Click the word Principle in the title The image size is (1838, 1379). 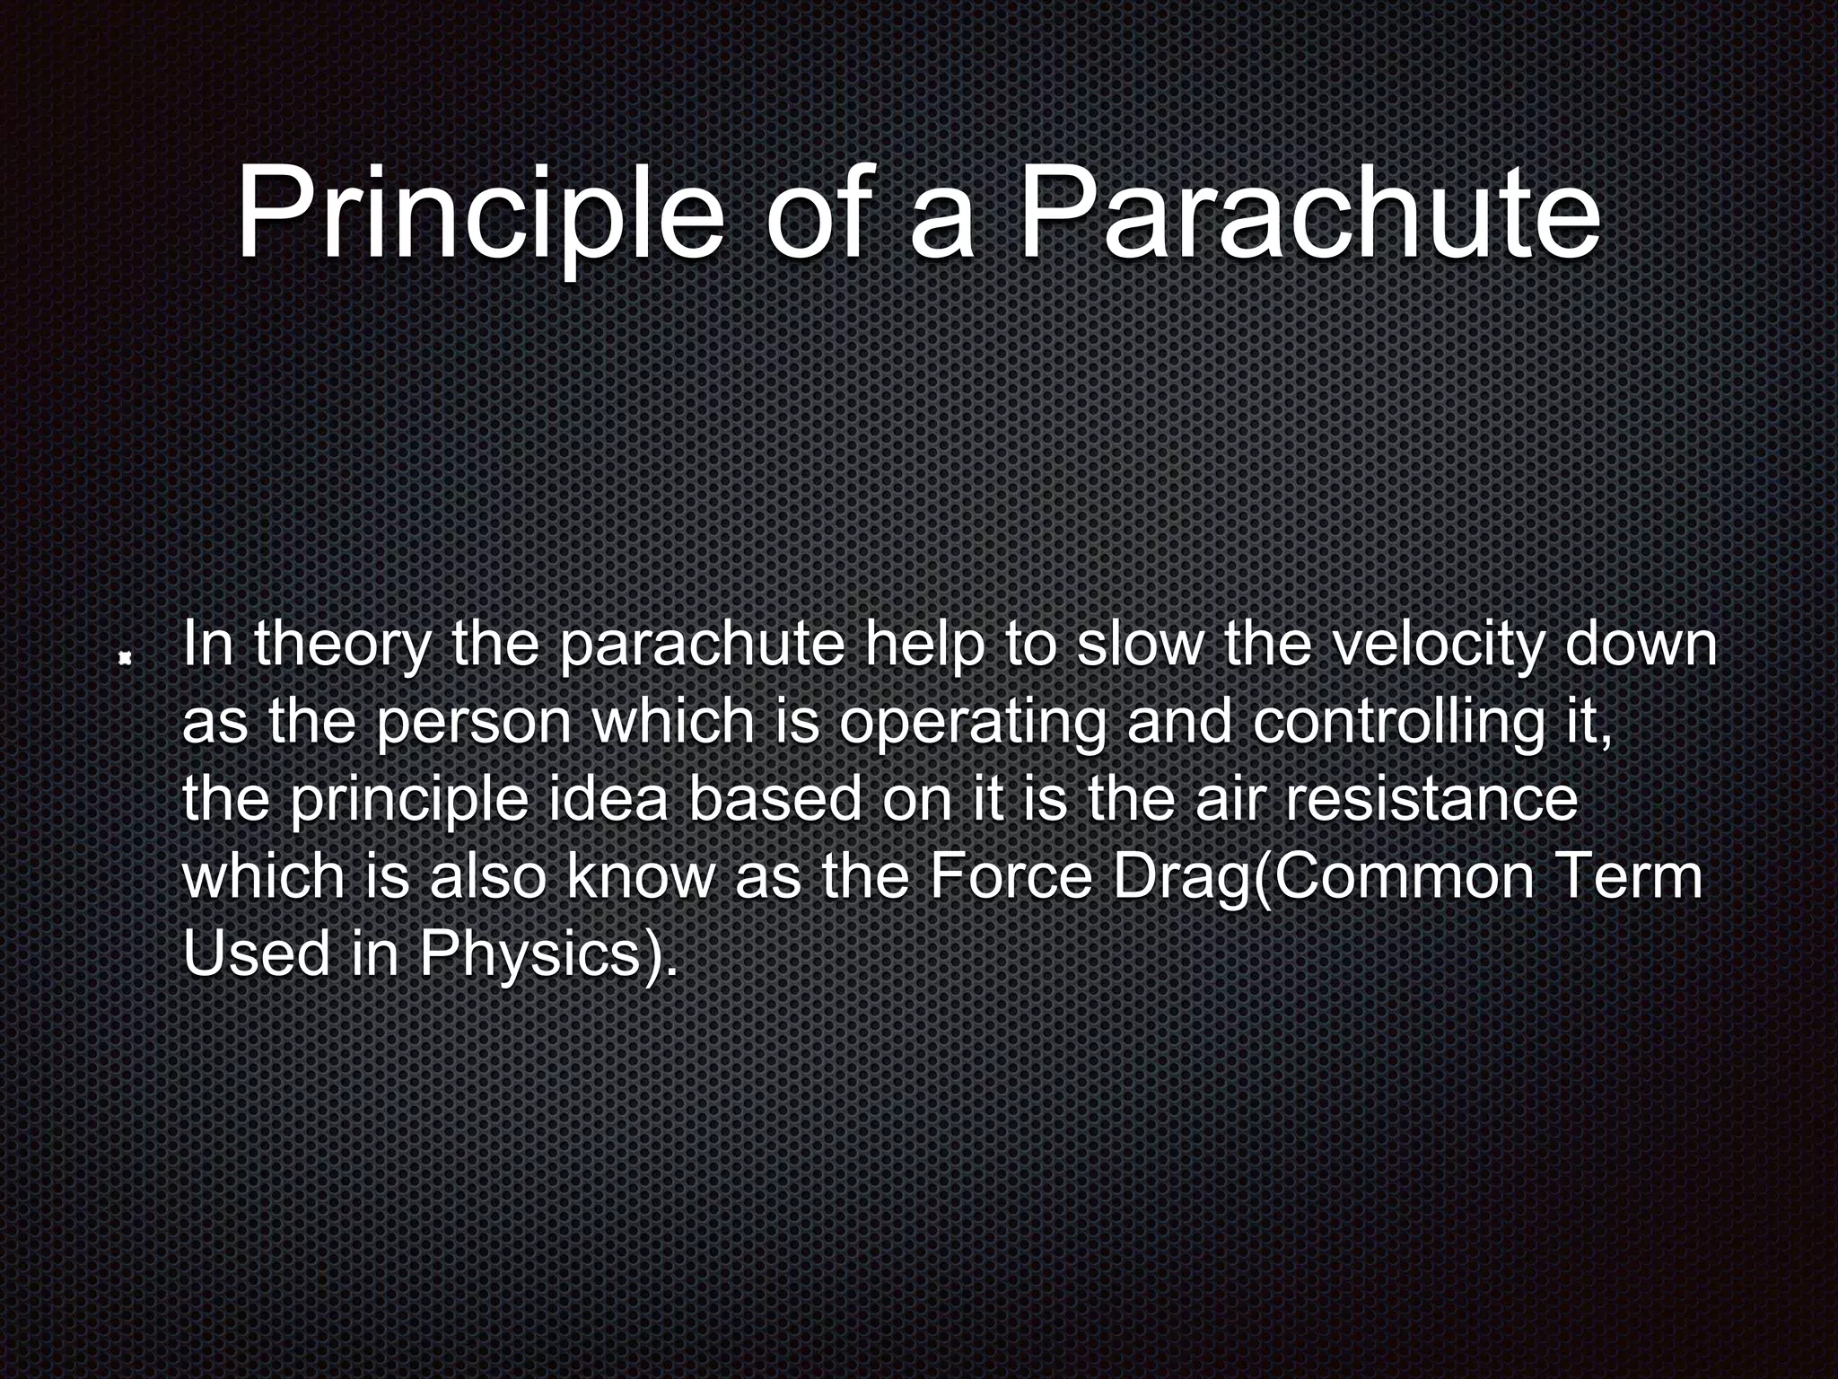[x=478, y=215]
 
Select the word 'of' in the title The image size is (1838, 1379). [x=816, y=215]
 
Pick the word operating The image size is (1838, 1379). [x=971, y=724]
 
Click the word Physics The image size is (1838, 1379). [x=529, y=955]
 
